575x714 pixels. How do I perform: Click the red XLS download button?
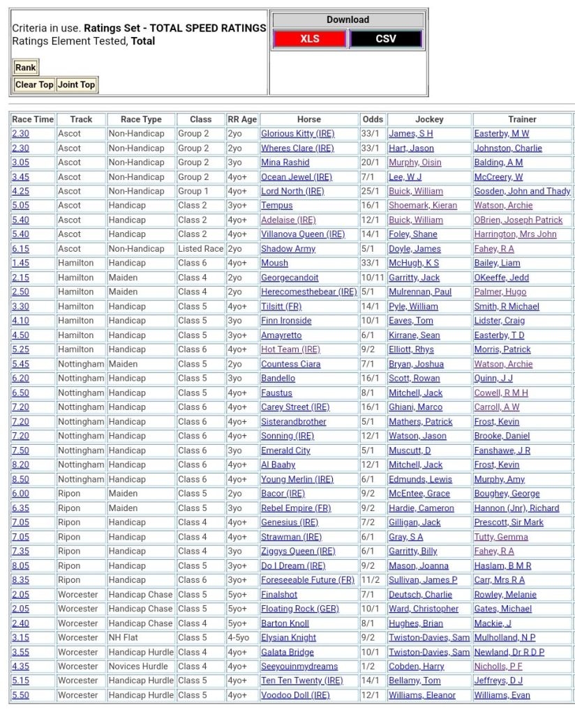click(310, 39)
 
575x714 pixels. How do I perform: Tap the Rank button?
click(26, 68)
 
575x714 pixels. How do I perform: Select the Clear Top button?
click(34, 84)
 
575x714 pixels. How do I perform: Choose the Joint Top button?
click(76, 84)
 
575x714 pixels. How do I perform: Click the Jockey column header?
click(429, 119)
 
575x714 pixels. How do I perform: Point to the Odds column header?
click(373, 119)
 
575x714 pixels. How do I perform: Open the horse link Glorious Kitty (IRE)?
click(297, 134)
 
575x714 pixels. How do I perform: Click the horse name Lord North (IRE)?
click(292, 191)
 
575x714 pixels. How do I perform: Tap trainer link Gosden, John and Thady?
click(522, 191)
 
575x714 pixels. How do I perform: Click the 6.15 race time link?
click(20, 249)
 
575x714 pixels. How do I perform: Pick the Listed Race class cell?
click(200, 249)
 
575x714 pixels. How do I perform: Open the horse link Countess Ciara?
click(290, 364)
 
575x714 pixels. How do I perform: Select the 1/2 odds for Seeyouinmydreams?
click(367, 667)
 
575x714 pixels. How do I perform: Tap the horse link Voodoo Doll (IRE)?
click(295, 695)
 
